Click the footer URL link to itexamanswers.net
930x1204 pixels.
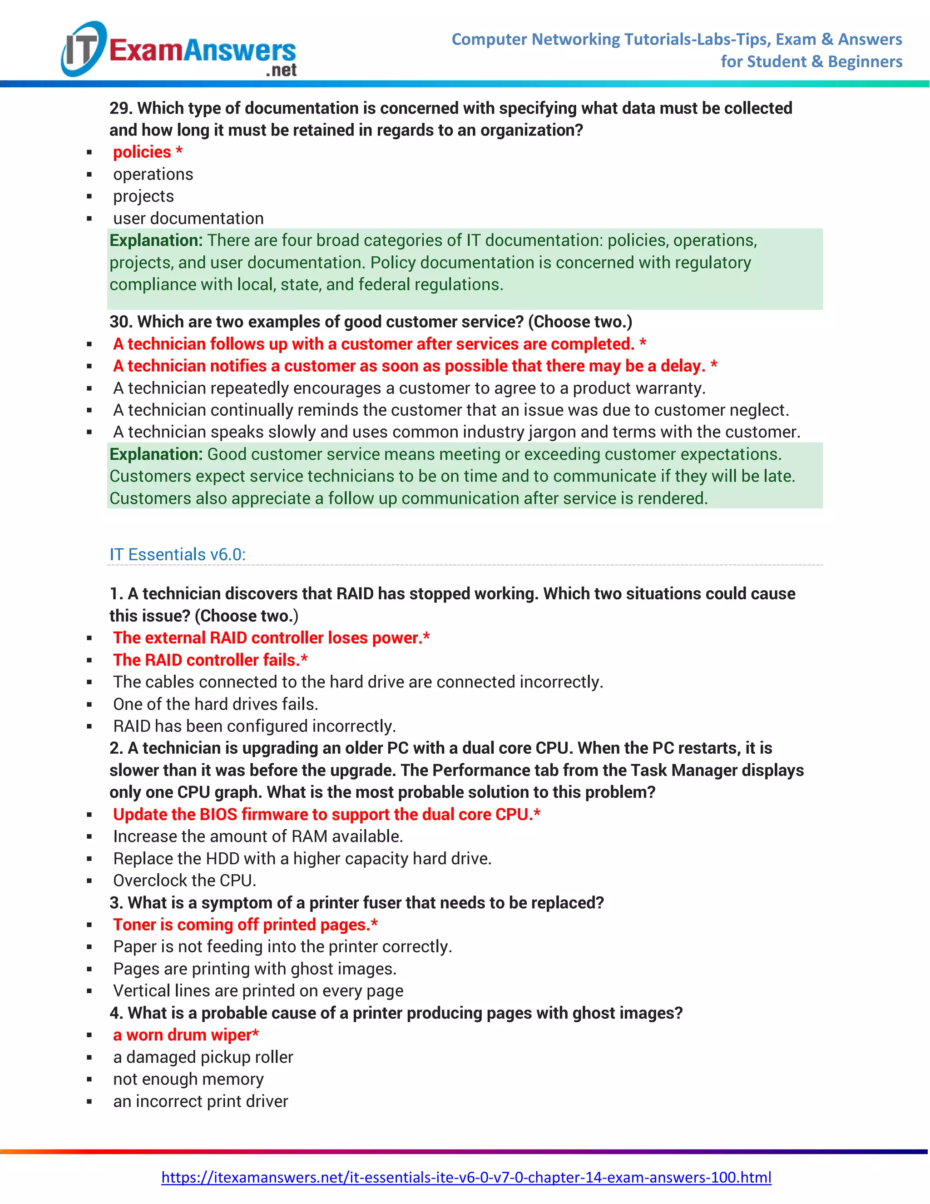click(465, 1177)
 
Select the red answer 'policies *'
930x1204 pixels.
click(148, 152)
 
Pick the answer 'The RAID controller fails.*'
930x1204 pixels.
click(210, 660)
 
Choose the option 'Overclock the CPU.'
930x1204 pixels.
click(184, 881)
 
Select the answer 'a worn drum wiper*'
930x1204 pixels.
click(186, 1035)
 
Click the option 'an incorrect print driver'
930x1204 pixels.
click(201, 1101)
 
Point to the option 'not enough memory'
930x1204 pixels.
click(188, 1079)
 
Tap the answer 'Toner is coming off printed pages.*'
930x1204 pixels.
click(245, 925)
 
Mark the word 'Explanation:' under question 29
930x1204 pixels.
click(156, 240)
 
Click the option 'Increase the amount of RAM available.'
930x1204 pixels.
click(258, 836)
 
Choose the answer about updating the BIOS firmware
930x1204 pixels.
click(326, 814)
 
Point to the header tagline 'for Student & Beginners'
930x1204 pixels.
click(811, 62)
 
